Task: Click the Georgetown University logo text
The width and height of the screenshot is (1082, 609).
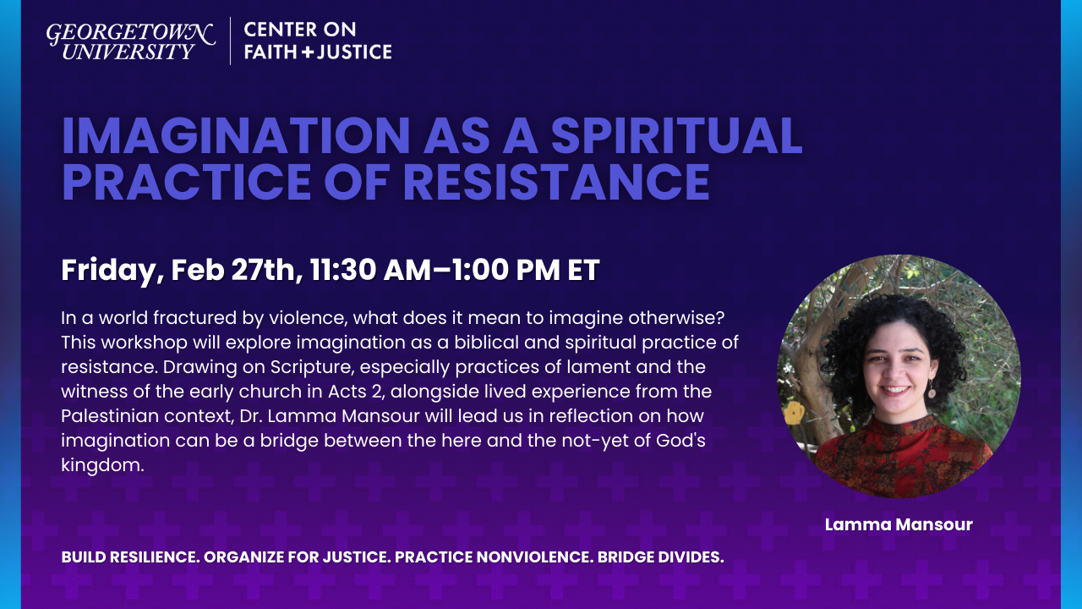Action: click(130, 41)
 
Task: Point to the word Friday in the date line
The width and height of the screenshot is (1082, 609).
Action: click(107, 270)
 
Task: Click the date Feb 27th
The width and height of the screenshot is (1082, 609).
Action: click(229, 270)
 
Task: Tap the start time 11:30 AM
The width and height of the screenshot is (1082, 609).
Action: click(356, 270)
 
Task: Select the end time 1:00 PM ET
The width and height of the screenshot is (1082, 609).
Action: click(516, 270)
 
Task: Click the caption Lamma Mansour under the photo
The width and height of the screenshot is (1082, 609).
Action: click(899, 524)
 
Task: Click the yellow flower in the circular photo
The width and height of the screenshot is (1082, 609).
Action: click(794, 414)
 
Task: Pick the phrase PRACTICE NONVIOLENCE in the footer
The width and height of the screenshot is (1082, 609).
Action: click(491, 557)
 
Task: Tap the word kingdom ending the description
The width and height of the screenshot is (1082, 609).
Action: click(98, 465)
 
